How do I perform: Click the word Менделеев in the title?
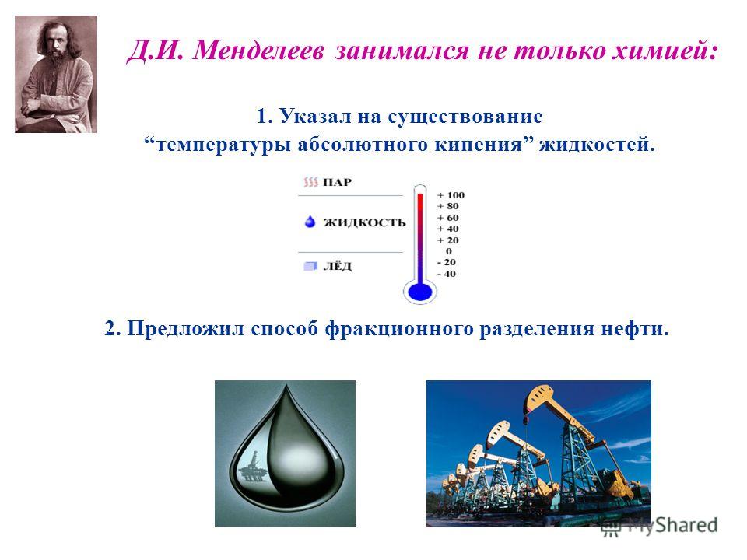[259, 50]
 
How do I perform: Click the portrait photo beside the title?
[56, 75]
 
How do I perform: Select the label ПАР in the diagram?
[337, 182]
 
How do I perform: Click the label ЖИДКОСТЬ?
[364, 222]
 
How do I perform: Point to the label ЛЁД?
[337, 265]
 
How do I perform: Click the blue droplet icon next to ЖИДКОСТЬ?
[310, 222]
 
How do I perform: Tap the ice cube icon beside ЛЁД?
[310, 266]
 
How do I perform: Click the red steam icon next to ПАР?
[310, 182]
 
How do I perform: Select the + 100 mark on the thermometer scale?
[451, 195]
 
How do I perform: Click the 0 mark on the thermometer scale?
[449, 251]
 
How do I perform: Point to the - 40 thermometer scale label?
[447, 274]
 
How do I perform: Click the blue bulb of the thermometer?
[420, 291]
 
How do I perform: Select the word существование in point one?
[465, 117]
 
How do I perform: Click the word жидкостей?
[597, 145]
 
